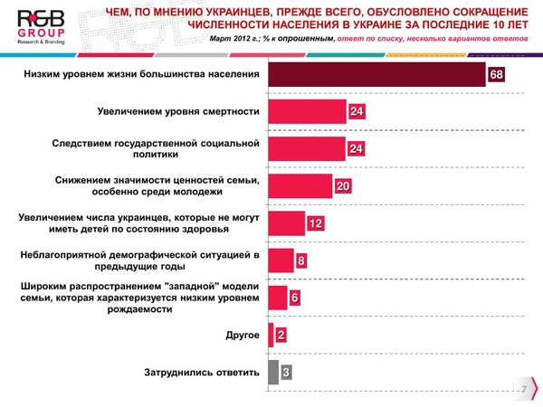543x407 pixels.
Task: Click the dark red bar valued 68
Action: coord(377,74)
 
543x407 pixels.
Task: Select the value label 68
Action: coord(496,74)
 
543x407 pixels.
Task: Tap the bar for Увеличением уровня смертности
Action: coord(308,111)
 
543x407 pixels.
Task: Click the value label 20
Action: coord(342,186)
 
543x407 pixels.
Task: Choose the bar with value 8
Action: coord(281,260)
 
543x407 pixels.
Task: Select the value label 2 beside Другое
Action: coord(282,336)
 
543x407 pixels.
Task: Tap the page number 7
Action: coord(522,388)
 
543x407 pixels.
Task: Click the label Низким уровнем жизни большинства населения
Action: coord(142,74)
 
